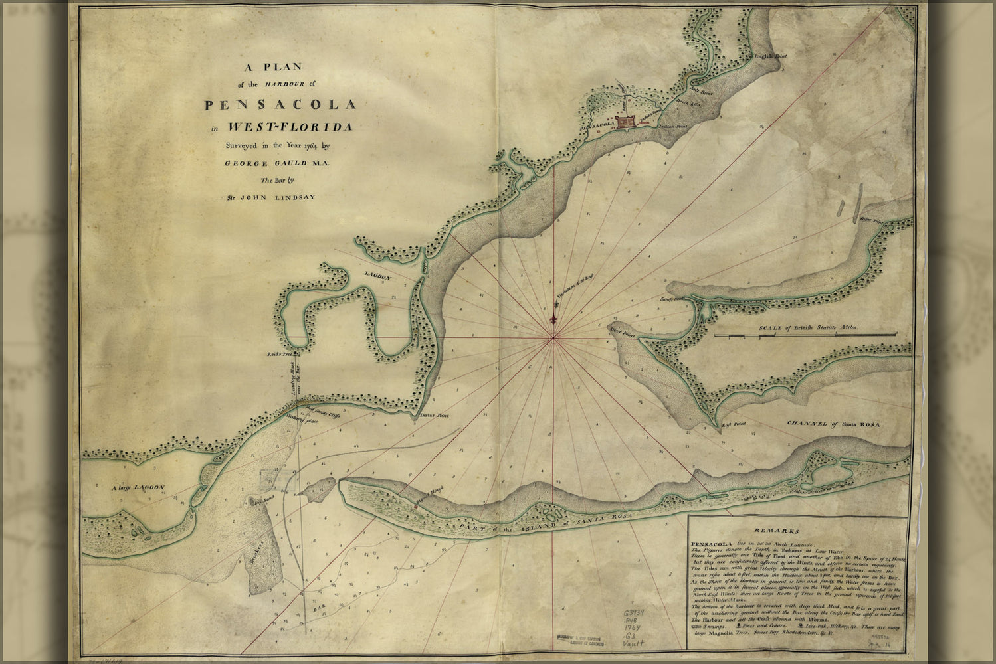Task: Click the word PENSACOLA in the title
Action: coord(280,105)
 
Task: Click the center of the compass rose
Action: coord(553,339)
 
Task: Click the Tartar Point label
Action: coord(435,416)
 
